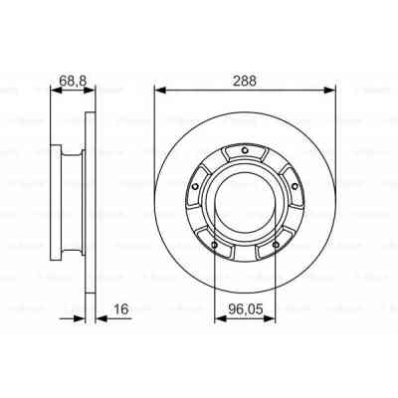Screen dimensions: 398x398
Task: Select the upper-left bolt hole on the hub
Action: [198, 183]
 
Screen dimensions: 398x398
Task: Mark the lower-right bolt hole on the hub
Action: [273, 237]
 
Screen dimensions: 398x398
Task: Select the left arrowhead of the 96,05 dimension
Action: [219, 320]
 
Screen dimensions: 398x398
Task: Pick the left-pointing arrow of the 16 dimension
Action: [99, 320]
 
